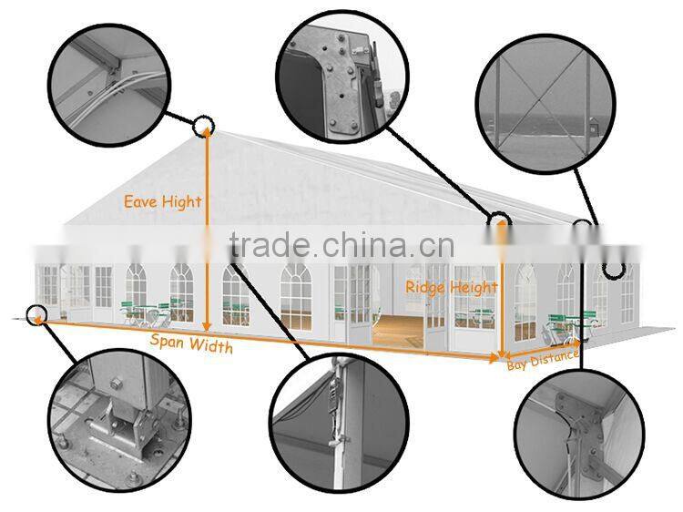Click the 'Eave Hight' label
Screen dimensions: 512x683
pyautogui.click(x=162, y=202)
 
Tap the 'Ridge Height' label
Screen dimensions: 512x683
pyautogui.click(x=452, y=288)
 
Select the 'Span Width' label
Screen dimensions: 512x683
pyautogui.click(x=190, y=345)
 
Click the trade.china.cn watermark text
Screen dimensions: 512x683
pyautogui.click(x=341, y=245)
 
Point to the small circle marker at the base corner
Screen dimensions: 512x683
pyautogui.click(x=36, y=315)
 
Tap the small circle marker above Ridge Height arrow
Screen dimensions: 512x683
pyautogui.click(x=499, y=220)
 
